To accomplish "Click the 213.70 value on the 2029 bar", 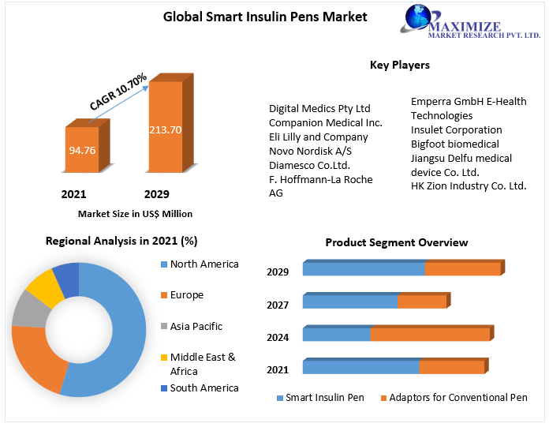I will [166, 129].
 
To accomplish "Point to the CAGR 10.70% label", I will [118, 92].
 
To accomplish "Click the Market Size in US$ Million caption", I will [135, 214].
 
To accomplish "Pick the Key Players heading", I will [399, 65].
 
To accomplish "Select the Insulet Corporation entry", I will [456, 129].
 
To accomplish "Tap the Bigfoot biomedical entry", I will [454, 144].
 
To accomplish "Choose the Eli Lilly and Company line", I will [319, 137].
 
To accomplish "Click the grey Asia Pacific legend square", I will [164, 327].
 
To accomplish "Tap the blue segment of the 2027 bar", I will [350, 302].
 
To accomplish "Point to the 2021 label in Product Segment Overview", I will [278, 369].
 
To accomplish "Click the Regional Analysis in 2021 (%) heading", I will [121, 241].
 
